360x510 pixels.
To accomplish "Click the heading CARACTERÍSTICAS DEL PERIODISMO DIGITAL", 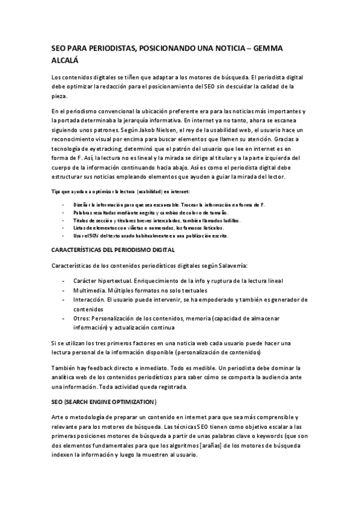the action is click(113, 250).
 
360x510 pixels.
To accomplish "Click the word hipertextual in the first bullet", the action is click(120, 281).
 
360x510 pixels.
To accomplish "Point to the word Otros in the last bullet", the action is click(82, 318).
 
